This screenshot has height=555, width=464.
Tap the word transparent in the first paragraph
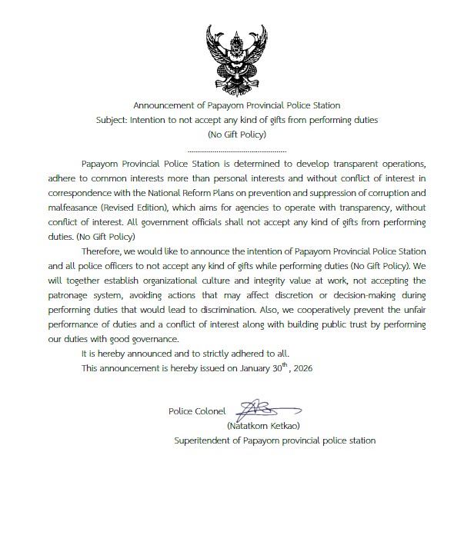pyautogui.click(x=350, y=165)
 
